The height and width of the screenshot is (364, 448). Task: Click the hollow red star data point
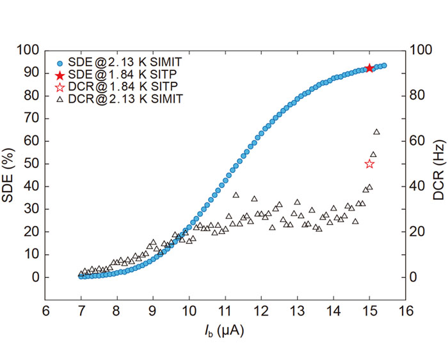coord(369,164)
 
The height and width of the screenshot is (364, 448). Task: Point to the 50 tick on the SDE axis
coord(31,164)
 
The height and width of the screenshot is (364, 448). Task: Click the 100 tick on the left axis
coord(28,50)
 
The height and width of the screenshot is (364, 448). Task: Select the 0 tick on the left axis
coord(33,278)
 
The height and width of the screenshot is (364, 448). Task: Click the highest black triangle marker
coord(376,132)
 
